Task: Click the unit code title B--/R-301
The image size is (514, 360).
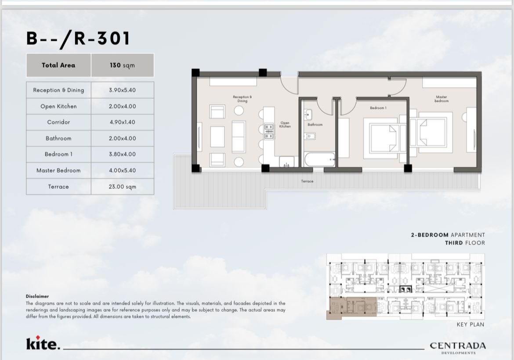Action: (x=78, y=39)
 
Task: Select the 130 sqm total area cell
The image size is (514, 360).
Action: (x=122, y=65)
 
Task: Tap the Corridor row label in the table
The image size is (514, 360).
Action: (x=59, y=122)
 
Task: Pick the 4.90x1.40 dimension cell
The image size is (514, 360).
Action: (x=122, y=122)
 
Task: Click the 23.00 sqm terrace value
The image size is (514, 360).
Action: (x=122, y=187)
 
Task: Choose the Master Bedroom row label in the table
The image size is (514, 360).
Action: (x=59, y=170)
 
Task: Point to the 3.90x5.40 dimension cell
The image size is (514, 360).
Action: (x=122, y=90)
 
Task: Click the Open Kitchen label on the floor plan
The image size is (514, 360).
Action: (x=285, y=125)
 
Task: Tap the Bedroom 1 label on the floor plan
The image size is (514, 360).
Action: (x=378, y=108)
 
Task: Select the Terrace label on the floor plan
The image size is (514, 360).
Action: (x=307, y=181)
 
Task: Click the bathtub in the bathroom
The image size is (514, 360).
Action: (x=320, y=160)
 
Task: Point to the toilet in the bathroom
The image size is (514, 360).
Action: (x=309, y=136)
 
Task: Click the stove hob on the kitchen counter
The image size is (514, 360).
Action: (x=269, y=131)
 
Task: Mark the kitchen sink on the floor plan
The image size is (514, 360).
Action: (x=286, y=162)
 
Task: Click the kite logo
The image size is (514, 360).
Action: (x=43, y=342)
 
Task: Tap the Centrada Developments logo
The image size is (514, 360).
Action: (x=458, y=348)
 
